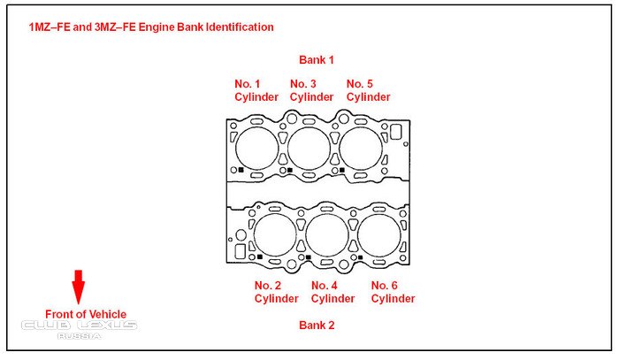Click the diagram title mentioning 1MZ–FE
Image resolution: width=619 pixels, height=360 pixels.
tap(151, 27)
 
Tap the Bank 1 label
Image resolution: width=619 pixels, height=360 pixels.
tap(317, 60)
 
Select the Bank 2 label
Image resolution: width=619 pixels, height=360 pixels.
tap(317, 326)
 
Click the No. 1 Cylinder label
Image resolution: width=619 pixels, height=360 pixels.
tap(256, 90)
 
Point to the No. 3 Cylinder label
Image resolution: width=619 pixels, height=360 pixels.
tap(311, 90)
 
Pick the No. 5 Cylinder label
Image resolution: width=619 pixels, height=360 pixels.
tap(368, 90)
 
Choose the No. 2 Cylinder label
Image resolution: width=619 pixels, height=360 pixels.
tap(276, 292)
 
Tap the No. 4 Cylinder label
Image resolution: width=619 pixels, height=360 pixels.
tap(332, 292)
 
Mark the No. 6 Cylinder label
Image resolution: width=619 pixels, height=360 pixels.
tap(393, 292)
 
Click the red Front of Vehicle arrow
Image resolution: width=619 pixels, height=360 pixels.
tap(78, 287)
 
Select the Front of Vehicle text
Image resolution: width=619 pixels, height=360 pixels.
tap(86, 314)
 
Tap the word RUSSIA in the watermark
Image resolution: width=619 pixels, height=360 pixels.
tap(80, 336)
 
